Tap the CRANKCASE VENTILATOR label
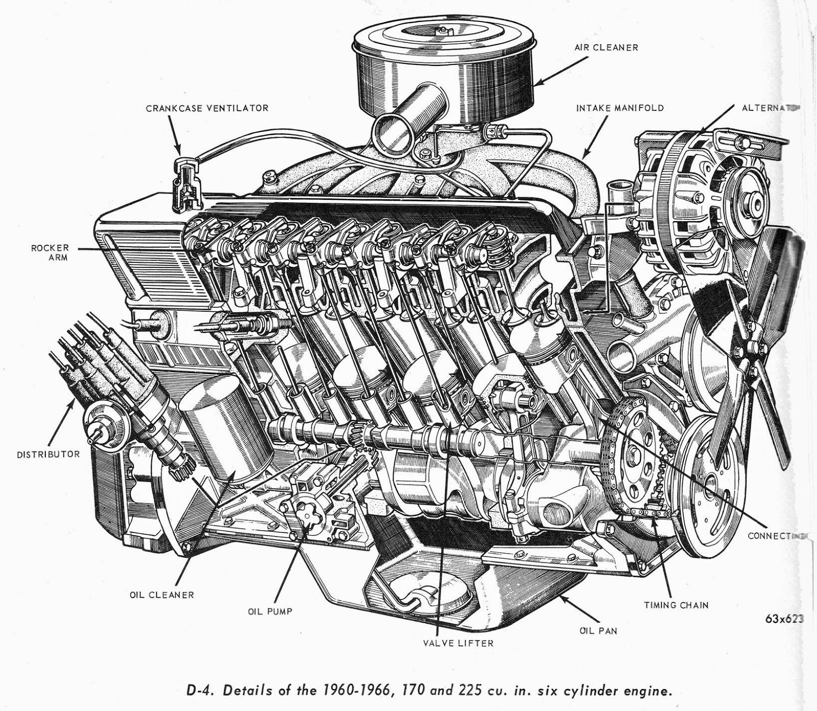(207, 108)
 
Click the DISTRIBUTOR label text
(49, 454)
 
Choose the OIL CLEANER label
(161, 594)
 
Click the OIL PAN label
(598, 630)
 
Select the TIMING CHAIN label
(676, 605)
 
